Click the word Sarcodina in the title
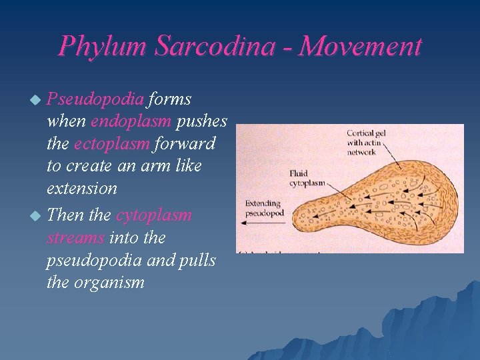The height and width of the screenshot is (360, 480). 221,47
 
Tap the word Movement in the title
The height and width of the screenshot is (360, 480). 361,47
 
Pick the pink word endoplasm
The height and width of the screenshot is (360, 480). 131,122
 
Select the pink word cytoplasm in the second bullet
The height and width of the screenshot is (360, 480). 153,215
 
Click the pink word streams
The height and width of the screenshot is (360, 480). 75,238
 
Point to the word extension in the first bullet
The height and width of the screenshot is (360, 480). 82,189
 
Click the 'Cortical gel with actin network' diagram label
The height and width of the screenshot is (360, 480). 366,142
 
